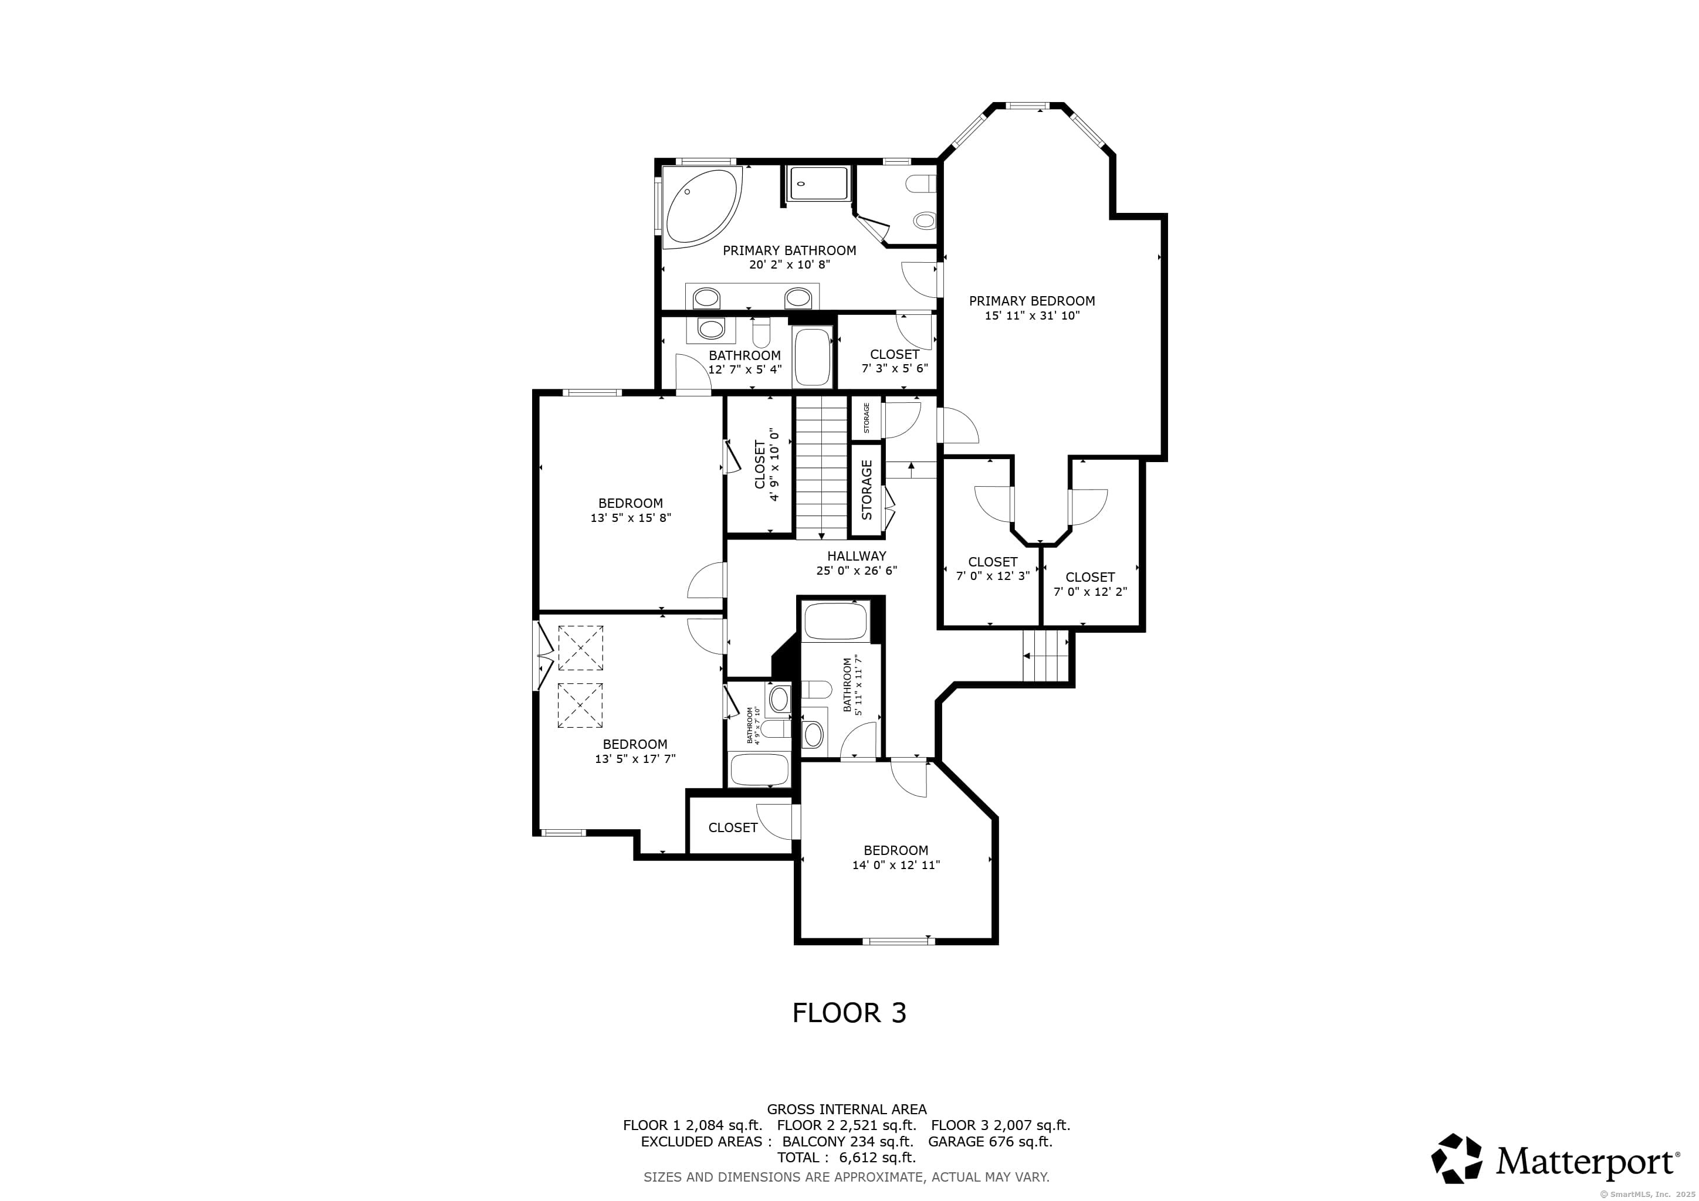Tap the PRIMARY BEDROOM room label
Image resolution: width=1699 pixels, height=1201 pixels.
point(1031,301)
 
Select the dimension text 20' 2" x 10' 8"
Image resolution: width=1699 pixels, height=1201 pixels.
point(790,264)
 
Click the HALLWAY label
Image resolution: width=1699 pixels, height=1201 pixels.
point(856,556)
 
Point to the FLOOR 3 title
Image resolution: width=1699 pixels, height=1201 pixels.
point(849,1012)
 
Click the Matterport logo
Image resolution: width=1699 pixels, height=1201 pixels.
point(1555,1158)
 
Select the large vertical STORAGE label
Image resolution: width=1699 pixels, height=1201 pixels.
point(867,490)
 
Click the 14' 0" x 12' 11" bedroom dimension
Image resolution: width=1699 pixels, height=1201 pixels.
point(895,865)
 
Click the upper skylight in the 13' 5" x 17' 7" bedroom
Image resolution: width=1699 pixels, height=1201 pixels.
point(580,648)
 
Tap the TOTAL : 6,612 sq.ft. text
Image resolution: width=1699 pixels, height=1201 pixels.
point(846,1158)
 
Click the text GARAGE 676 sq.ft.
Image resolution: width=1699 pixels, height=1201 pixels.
point(990,1141)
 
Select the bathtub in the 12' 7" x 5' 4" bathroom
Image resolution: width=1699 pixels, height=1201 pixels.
point(812,357)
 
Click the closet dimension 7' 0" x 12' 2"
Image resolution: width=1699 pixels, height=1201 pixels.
point(1090,592)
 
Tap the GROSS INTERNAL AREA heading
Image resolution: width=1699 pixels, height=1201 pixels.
point(847,1110)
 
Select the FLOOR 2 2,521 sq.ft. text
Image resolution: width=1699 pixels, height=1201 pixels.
point(847,1125)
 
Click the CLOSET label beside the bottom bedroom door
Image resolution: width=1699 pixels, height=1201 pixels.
point(733,827)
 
